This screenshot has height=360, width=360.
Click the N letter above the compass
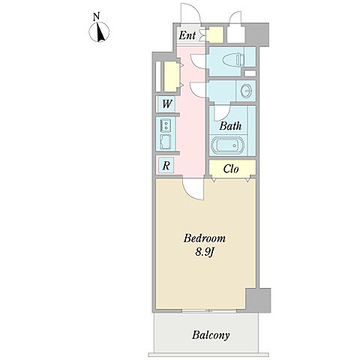[96, 16]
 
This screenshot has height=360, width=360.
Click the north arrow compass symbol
[99, 32]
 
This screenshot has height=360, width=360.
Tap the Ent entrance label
[187, 35]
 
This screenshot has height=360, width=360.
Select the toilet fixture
[233, 60]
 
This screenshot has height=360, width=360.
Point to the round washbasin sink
[246, 91]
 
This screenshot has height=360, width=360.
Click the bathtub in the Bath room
[227, 145]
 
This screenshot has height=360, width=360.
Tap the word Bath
[230, 126]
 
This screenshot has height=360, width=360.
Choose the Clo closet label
[231, 169]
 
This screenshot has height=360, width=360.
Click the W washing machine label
[167, 103]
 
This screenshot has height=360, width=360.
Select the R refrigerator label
[166, 166]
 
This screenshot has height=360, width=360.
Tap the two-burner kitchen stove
[166, 125]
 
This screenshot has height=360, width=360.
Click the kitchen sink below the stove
[166, 142]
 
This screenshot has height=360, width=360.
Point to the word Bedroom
[205, 238]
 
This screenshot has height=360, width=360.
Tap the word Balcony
[211, 335]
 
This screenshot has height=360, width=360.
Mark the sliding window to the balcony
[209, 311]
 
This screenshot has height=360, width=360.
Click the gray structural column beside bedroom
[258, 300]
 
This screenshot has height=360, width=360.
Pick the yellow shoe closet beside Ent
[214, 34]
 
